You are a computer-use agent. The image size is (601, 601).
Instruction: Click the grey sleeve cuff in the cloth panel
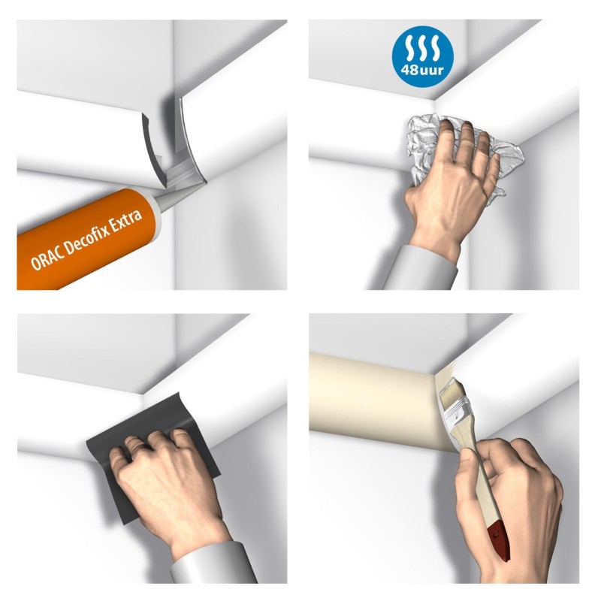tap(421, 267)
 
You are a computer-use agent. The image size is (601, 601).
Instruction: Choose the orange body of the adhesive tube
tap(83, 240)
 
